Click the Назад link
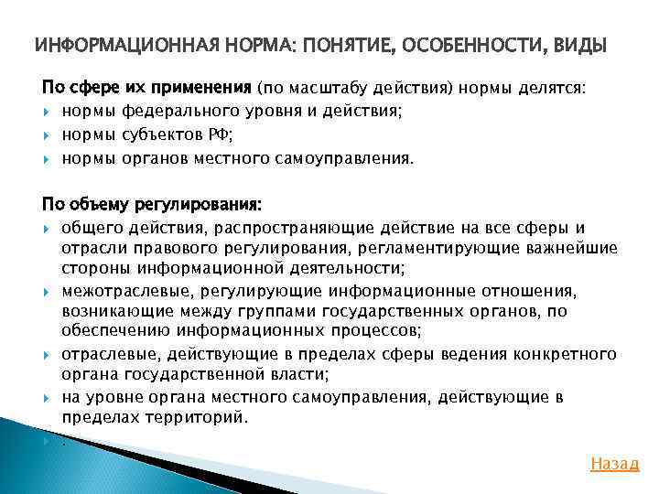coord(615,463)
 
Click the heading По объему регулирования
coord(152,203)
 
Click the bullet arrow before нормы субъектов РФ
coord(47,135)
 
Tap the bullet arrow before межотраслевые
coord(47,291)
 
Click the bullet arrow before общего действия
coord(47,227)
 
